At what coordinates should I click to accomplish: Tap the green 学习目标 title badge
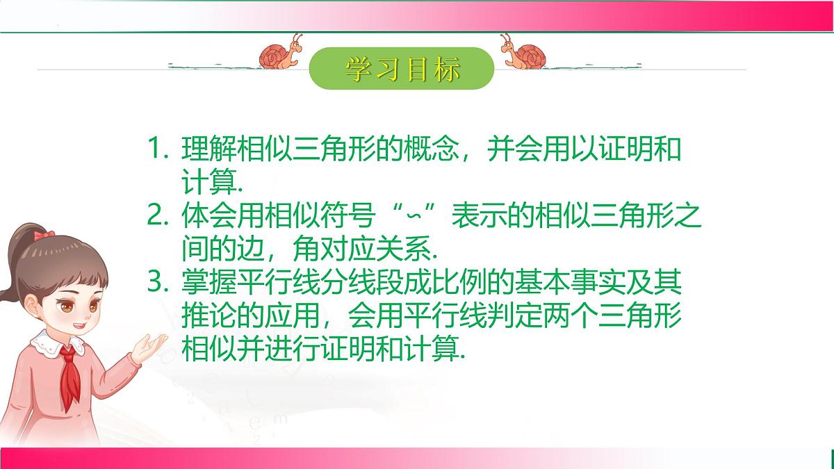pos(401,68)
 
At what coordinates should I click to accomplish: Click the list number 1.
pos(158,151)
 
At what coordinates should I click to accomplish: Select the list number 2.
pos(158,217)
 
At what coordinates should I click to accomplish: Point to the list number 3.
pos(158,283)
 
